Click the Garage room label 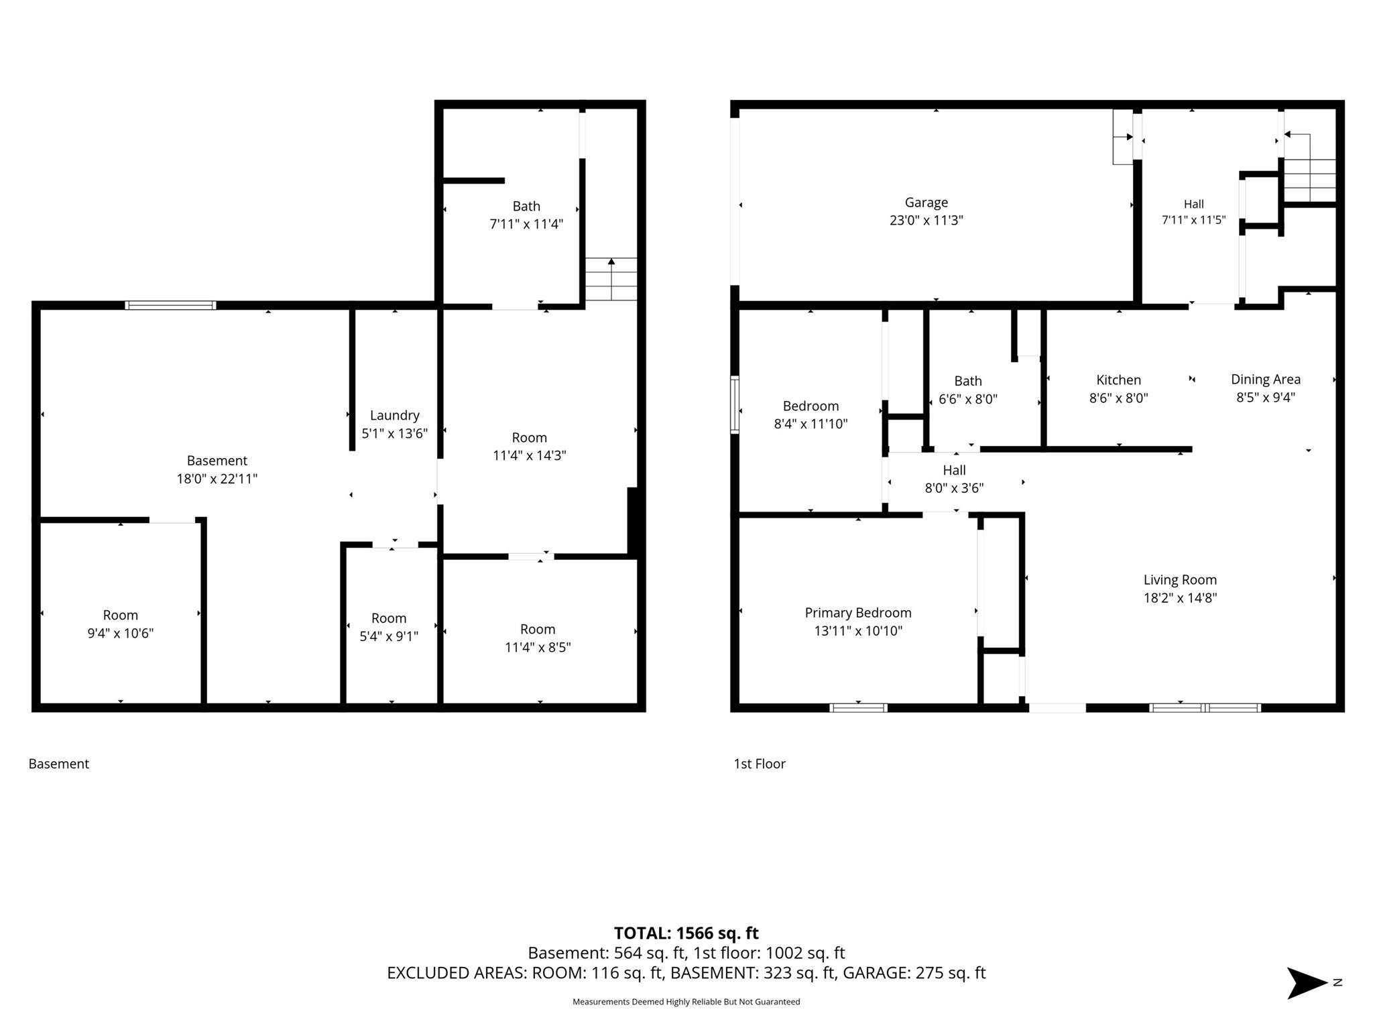(x=926, y=203)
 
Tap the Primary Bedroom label (x=858, y=613)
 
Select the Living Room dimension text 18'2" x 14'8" (x=1180, y=597)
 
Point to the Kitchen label (x=1118, y=380)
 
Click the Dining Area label (x=1266, y=380)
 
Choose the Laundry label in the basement (x=394, y=416)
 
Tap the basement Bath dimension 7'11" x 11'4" (x=526, y=224)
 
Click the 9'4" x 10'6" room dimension (x=121, y=633)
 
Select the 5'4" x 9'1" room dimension (x=389, y=636)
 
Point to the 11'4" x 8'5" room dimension (x=538, y=647)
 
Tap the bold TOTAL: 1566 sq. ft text (x=686, y=933)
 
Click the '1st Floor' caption (x=760, y=764)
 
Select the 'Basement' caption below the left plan (x=59, y=764)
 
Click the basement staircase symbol (x=611, y=279)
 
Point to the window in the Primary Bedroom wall (x=858, y=707)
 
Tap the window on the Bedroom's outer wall (x=735, y=405)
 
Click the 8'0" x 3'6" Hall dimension (x=954, y=488)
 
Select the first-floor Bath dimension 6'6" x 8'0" (x=968, y=399)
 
